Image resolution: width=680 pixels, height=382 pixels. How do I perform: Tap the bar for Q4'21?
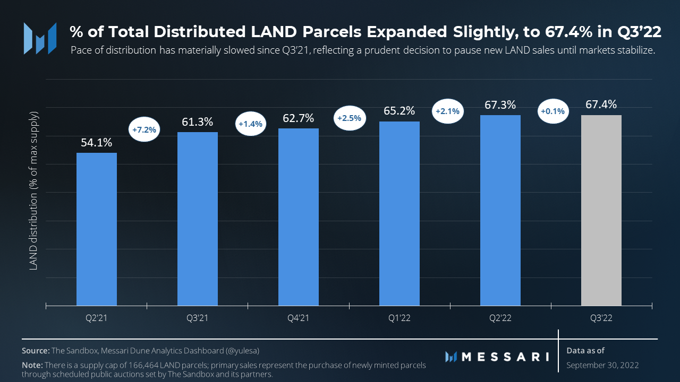[x=298, y=217]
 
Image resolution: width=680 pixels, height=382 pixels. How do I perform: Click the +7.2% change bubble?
[x=144, y=129]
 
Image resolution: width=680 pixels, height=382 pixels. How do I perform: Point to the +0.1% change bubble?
[x=552, y=111]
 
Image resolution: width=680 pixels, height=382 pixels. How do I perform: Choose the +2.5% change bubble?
[x=349, y=118]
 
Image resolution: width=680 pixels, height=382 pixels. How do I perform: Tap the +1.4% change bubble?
[x=250, y=124]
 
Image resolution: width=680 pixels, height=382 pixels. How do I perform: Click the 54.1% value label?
[x=96, y=143]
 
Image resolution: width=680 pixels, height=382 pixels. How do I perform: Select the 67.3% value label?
[x=500, y=105]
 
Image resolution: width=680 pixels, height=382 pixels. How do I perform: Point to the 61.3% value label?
[x=197, y=122]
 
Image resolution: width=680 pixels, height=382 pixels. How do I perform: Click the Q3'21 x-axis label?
[x=197, y=318]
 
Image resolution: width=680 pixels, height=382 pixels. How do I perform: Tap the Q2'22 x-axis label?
[x=500, y=318]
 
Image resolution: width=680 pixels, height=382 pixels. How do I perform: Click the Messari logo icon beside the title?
[x=40, y=38]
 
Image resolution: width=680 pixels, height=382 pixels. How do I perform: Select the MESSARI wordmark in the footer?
[x=505, y=357]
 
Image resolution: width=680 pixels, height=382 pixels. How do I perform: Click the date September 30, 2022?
[x=602, y=365]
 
